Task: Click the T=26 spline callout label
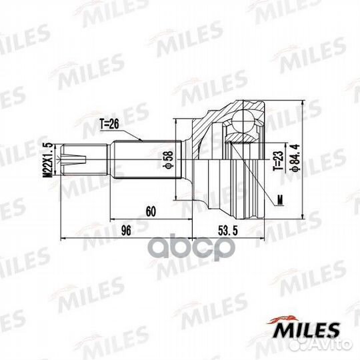point(109,124)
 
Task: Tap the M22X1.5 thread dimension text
point(48,160)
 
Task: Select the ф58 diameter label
point(168,160)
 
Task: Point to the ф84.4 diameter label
point(295,157)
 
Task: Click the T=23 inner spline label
point(278,161)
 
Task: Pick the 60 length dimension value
point(151,211)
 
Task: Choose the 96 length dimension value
point(126,230)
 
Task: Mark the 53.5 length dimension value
point(228,231)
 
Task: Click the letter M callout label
point(280,201)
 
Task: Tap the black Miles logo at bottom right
point(304,328)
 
